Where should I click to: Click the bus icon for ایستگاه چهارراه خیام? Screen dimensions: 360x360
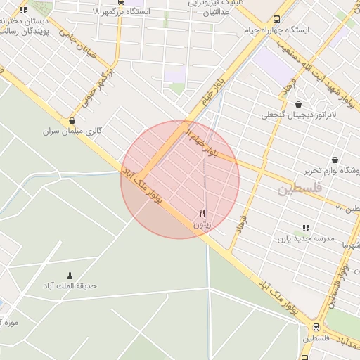pyautogui.click(x=276, y=20)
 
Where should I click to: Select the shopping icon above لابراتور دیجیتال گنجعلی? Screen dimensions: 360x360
pyautogui.click(x=298, y=104)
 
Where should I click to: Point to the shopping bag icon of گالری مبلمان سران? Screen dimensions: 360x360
pyautogui.click(x=73, y=120)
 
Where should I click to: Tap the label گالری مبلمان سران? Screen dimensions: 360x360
pyautogui.click(x=72, y=131)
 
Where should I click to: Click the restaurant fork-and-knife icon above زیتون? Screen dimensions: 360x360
pyautogui.click(x=202, y=213)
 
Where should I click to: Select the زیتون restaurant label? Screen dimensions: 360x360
pyautogui.click(x=202, y=224)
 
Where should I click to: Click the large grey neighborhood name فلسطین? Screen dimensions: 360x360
pyautogui.click(x=300, y=188)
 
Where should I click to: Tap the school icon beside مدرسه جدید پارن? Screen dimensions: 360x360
pyautogui.click(x=305, y=228)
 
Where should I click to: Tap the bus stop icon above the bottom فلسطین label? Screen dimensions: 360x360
pyautogui.click(x=316, y=327)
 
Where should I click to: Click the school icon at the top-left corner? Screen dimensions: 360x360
pyautogui.click(x=23, y=10)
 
